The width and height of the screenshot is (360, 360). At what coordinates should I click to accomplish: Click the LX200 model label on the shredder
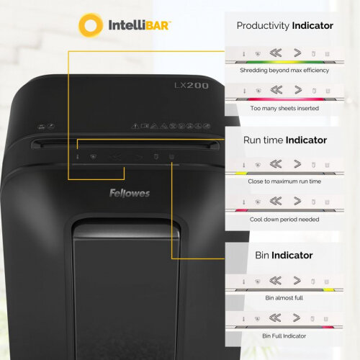(x=192, y=86)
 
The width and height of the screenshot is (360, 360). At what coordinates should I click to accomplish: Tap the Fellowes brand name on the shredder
(x=130, y=193)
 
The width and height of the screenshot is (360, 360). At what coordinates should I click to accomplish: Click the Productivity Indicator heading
(x=285, y=25)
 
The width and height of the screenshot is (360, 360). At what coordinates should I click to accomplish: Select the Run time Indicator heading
(x=285, y=140)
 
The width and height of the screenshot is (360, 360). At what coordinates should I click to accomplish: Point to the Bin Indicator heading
(x=284, y=255)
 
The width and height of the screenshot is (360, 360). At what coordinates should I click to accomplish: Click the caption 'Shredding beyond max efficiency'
(x=284, y=71)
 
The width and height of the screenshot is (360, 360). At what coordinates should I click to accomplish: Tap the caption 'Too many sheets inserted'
(x=284, y=108)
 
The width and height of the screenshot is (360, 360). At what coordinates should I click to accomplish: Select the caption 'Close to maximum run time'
(x=284, y=181)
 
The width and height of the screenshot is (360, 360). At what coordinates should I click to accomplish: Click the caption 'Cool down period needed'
(x=284, y=220)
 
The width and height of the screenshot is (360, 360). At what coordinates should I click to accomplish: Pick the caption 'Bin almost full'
(x=284, y=298)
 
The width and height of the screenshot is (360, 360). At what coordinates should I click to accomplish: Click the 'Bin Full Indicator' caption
(x=284, y=336)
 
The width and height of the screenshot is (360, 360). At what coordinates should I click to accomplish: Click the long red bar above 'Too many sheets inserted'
(x=286, y=99)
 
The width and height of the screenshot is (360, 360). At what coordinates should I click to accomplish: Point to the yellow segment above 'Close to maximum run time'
(x=241, y=173)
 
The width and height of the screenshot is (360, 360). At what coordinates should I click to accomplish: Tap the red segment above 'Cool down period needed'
(x=241, y=210)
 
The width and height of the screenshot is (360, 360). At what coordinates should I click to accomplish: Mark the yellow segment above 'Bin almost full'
(x=329, y=290)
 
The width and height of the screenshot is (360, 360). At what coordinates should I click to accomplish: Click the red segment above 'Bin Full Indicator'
(x=328, y=327)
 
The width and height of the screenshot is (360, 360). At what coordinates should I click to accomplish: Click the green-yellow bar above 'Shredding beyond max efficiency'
(x=285, y=62)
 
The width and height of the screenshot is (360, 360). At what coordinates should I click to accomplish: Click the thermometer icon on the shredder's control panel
(x=78, y=157)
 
